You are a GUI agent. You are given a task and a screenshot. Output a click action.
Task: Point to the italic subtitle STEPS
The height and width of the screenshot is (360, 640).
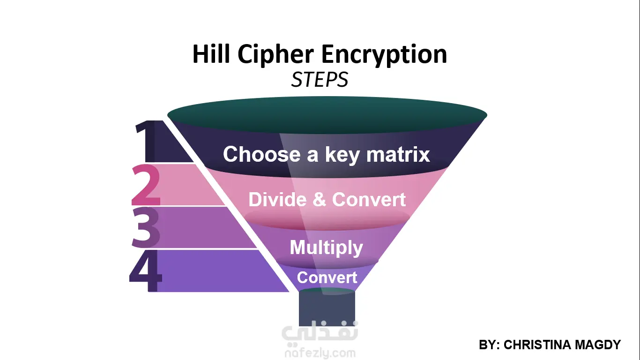pyautogui.click(x=320, y=80)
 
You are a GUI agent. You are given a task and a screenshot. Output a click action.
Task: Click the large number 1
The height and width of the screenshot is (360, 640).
pyautogui.click(x=146, y=141)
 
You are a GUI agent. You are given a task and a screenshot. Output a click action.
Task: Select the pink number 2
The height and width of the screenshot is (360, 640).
pyautogui.click(x=146, y=185)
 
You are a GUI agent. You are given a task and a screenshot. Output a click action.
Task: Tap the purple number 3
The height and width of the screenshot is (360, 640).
pyautogui.click(x=146, y=227)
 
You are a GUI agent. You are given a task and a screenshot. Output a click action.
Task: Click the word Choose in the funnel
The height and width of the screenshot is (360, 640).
pyautogui.click(x=262, y=154)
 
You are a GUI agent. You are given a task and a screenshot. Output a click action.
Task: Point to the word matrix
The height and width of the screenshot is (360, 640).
pyautogui.click(x=398, y=154)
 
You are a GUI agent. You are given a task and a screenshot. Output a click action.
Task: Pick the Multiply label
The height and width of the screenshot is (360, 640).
pyautogui.click(x=326, y=248)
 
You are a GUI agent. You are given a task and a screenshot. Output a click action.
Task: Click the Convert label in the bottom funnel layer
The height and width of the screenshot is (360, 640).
pyautogui.click(x=327, y=277)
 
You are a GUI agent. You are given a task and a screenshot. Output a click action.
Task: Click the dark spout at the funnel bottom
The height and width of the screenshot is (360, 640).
pyautogui.click(x=327, y=307)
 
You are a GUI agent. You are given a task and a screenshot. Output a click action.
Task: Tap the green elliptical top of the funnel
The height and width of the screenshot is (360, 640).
pyautogui.click(x=327, y=115)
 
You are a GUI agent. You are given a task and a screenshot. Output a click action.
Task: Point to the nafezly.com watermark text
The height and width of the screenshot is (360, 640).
pyautogui.click(x=320, y=353)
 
